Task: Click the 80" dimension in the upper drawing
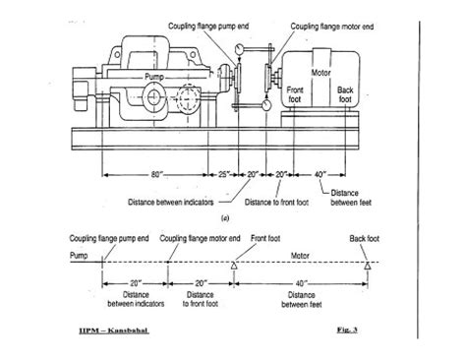coord(156,175)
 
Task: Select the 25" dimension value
coord(225,175)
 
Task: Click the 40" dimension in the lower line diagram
coord(301,282)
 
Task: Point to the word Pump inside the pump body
coord(156,76)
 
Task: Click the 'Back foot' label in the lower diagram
coord(365,238)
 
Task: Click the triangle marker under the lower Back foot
coord(366,266)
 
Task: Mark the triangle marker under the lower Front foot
coord(235,266)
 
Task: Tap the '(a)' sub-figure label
coord(226,217)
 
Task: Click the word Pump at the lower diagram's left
coord(79,254)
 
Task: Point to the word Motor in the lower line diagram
coord(299,254)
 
